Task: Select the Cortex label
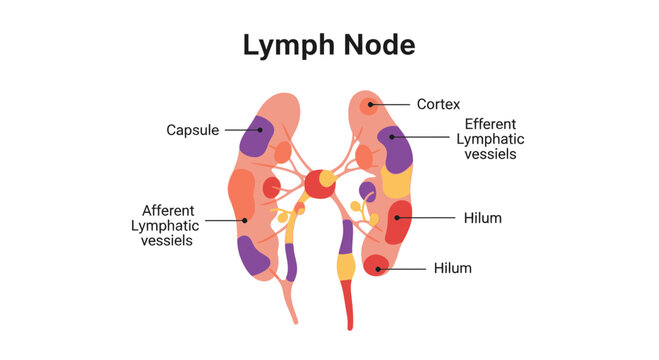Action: [438, 103]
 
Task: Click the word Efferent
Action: [490, 124]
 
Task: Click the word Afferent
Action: [168, 211]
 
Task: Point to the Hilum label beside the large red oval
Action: [482, 217]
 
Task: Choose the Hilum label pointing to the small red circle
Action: [453, 268]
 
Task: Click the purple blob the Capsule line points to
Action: [256, 138]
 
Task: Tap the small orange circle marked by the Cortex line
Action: [369, 105]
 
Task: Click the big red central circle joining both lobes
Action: [319, 184]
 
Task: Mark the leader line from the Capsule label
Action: [238, 130]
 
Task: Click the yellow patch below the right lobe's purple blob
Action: [397, 184]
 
